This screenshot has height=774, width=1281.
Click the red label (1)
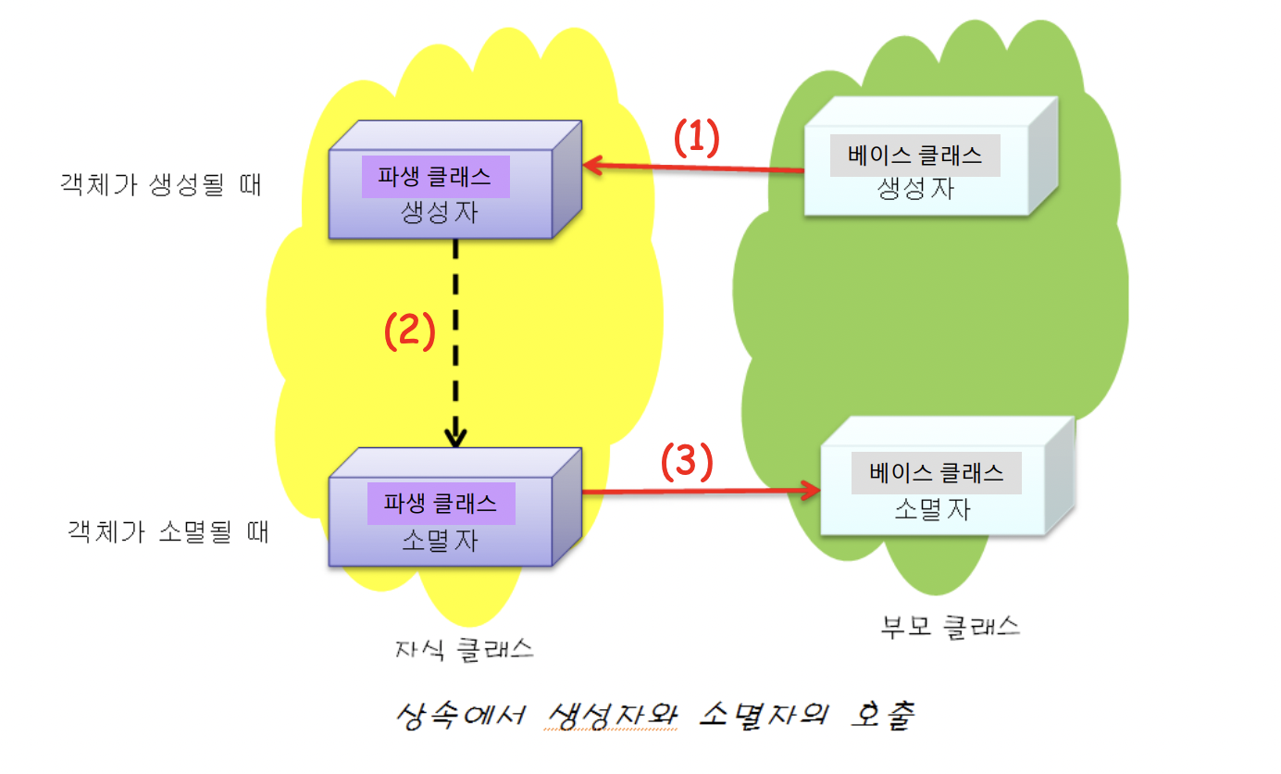coord(695,139)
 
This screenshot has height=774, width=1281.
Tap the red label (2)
coord(409,332)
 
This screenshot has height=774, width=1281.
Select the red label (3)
coord(686,462)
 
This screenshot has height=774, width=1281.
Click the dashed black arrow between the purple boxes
coord(455,343)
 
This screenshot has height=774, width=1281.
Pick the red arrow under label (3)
coord(701,492)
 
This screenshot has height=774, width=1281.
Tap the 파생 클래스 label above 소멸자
coord(442,503)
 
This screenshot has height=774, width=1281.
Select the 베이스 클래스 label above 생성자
coord(914,156)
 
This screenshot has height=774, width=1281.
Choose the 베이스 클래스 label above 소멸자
coord(936,472)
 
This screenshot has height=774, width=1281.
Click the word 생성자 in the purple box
coord(440,213)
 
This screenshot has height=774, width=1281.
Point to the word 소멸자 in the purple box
coord(441,541)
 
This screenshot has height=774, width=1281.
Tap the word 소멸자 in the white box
coord(932,509)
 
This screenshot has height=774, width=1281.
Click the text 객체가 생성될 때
coord(160,184)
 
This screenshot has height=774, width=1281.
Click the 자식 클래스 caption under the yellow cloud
coord(464,648)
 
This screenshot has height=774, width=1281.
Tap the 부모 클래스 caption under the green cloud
coord(950,627)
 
